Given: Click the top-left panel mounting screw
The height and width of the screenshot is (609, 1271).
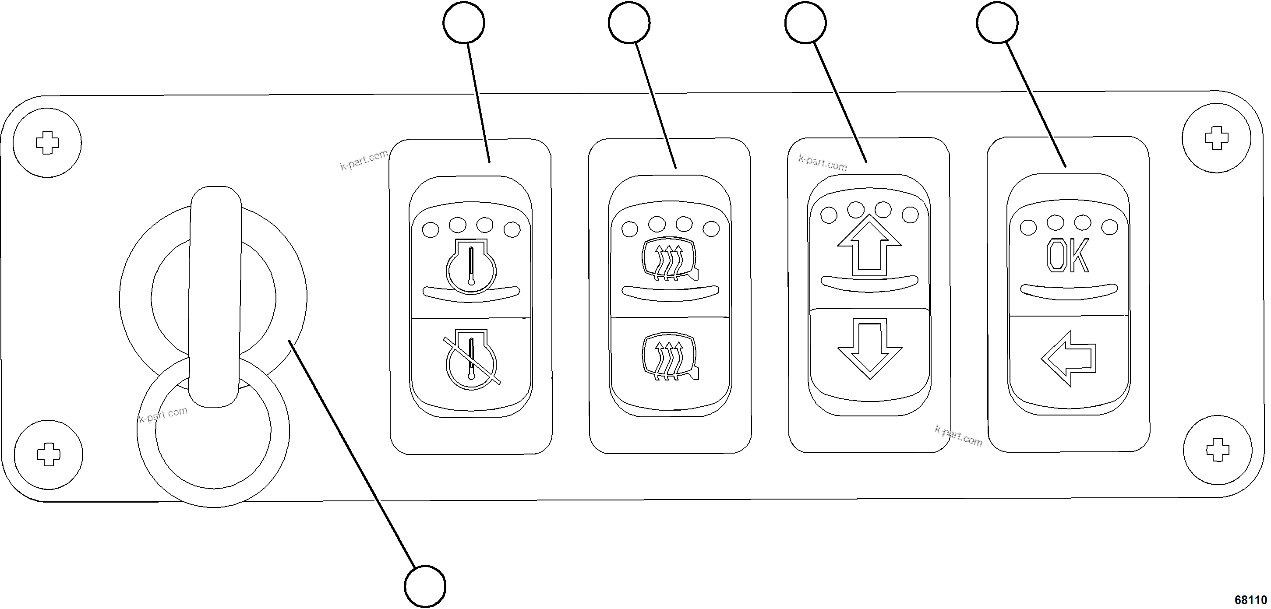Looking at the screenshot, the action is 47,143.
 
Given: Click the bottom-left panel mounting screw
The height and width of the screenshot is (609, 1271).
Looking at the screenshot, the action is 48,454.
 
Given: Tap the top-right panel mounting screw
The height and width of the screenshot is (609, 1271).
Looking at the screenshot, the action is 1217,138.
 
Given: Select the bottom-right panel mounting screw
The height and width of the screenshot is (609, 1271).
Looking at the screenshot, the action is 1218,450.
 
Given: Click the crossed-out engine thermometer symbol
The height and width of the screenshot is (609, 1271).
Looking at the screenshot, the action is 471,359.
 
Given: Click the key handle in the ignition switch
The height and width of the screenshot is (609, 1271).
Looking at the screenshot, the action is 215,296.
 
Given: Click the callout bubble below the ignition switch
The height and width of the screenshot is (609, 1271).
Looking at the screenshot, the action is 425,586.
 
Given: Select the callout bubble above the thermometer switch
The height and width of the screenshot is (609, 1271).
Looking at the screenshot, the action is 464,23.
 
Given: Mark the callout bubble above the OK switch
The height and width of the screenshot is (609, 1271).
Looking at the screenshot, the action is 997,23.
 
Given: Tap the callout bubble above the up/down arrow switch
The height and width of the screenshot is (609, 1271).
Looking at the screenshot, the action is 805,23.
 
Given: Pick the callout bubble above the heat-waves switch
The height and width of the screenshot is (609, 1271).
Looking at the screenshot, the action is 629,23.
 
